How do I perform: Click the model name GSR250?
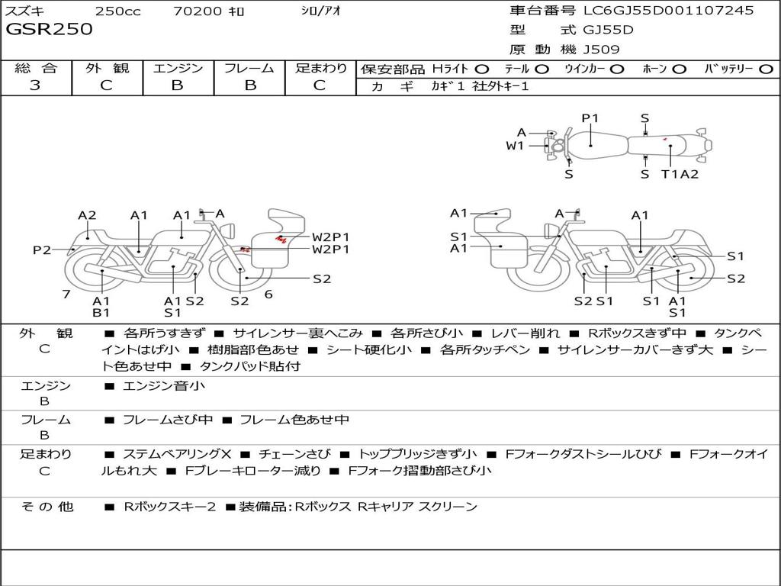(49, 30)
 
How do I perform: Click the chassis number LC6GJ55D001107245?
(668, 10)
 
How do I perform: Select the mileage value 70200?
(197, 11)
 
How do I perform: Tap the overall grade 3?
(35, 85)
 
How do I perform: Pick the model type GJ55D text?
(608, 30)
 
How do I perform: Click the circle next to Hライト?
(482, 69)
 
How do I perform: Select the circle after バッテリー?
(766, 69)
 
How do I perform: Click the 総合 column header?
(36, 68)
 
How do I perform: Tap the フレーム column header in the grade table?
(249, 68)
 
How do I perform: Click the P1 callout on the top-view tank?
(590, 118)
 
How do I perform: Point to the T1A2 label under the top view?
(680, 174)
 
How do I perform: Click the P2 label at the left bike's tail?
(42, 250)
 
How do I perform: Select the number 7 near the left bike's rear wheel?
(66, 294)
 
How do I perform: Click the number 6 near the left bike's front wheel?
(268, 294)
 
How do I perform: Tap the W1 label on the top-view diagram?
(515, 146)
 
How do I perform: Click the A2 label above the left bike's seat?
(87, 215)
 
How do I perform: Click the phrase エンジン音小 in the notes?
(163, 385)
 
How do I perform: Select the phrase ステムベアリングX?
(177, 454)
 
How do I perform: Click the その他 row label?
(47, 507)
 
